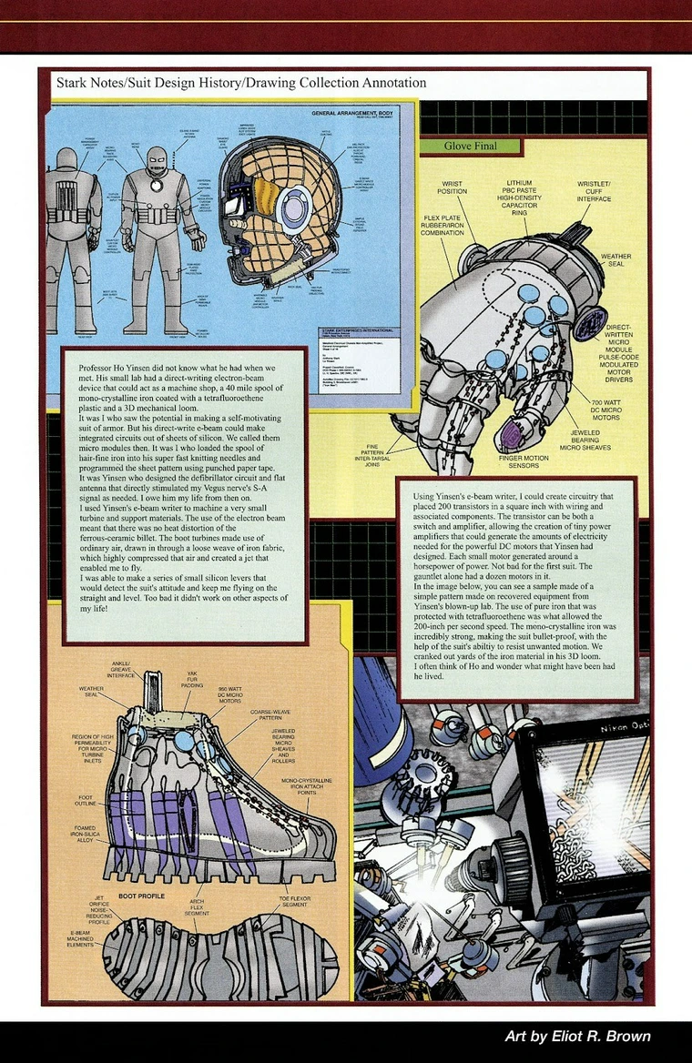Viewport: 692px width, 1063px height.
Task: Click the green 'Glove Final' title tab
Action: (x=471, y=146)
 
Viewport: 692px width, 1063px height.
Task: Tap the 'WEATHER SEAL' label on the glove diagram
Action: (x=615, y=261)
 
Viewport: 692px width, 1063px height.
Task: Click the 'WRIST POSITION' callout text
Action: (x=453, y=187)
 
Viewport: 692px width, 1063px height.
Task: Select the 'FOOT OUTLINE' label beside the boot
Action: (x=87, y=802)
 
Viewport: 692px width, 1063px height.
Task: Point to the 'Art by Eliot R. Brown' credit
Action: (x=577, y=1037)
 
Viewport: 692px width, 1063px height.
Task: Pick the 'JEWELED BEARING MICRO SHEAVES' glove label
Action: (x=584, y=440)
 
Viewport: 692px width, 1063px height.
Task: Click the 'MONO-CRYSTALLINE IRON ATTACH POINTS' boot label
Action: (x=306, y=787)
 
